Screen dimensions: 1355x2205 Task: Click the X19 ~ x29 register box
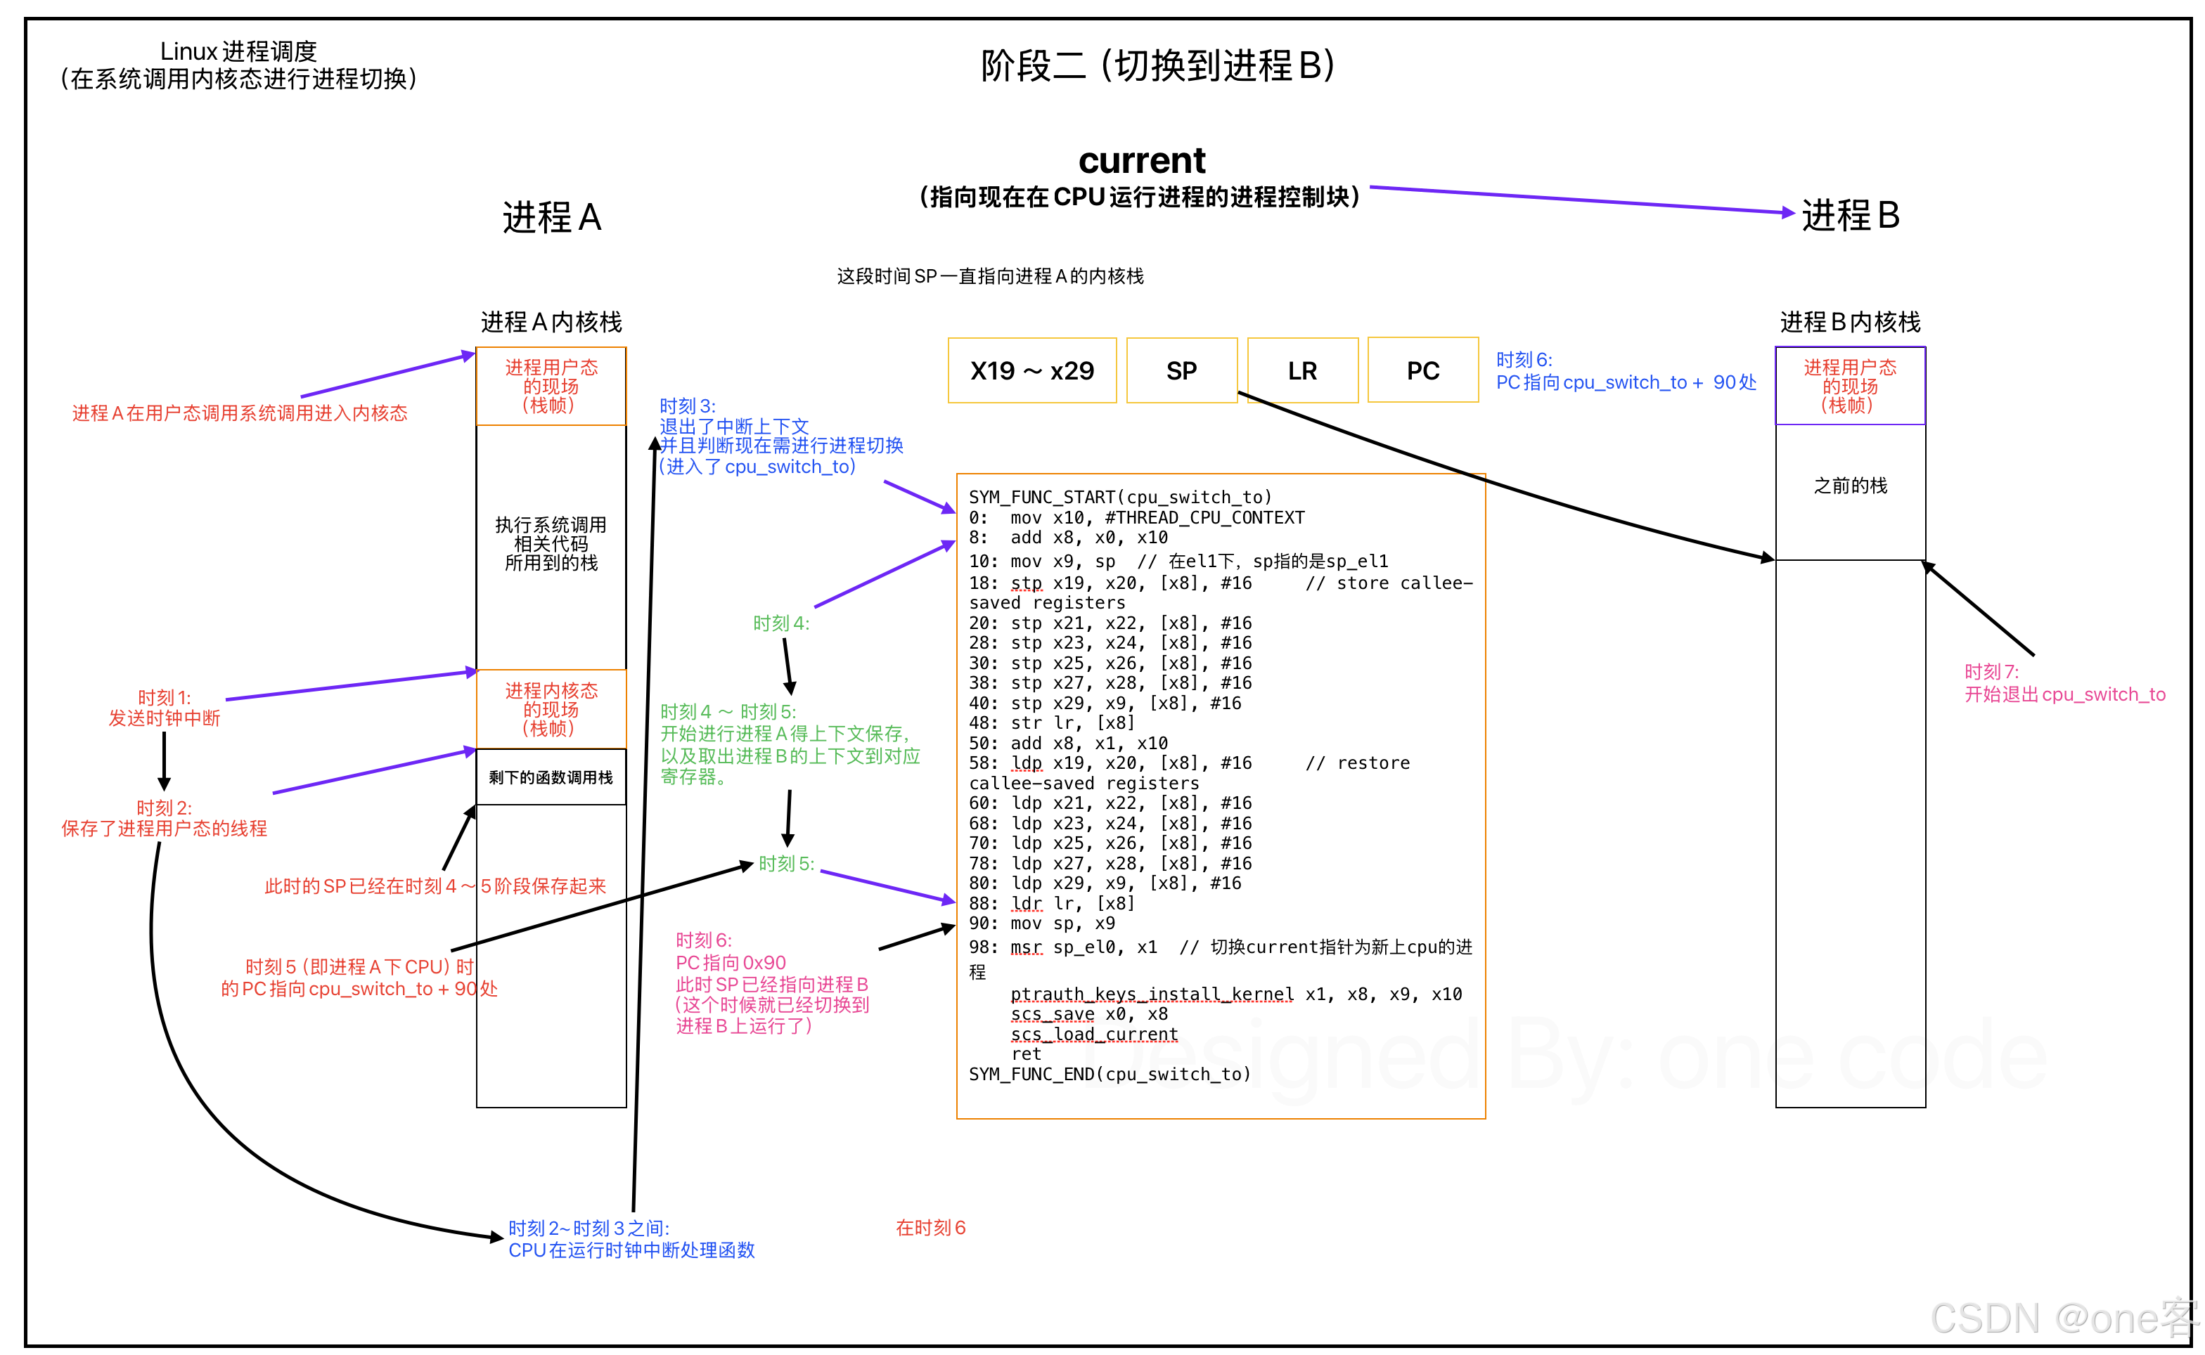click(x=1031, y=371)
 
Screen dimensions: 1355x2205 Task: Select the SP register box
click(x=1181, y=371)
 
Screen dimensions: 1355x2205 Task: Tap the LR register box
click(x=1302, y=371)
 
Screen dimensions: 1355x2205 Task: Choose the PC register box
click(x=1422, y=371)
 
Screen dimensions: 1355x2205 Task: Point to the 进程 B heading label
click(x=1850, y=216)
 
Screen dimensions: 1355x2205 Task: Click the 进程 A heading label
click(x=551, y=218)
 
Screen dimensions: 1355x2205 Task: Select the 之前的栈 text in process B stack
click(x=1850, y=486)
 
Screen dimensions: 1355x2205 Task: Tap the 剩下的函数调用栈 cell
click(x=551, y=777)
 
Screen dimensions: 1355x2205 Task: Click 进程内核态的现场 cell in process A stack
click(x=551, y=709)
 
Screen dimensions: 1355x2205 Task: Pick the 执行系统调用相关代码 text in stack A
click(x=551, y=544)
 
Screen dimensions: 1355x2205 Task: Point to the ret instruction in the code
click(x=1027, y=1055)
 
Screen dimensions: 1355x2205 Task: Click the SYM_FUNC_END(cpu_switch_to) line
click(x=1110, y=1075)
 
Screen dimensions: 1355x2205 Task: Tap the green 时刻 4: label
click(x=780, y=623)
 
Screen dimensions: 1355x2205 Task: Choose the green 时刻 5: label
click(x=786, y=864)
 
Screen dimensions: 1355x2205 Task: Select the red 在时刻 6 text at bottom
click(x=930, y=1228)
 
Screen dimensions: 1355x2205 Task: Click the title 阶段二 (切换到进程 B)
click(x=1157, y=65)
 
